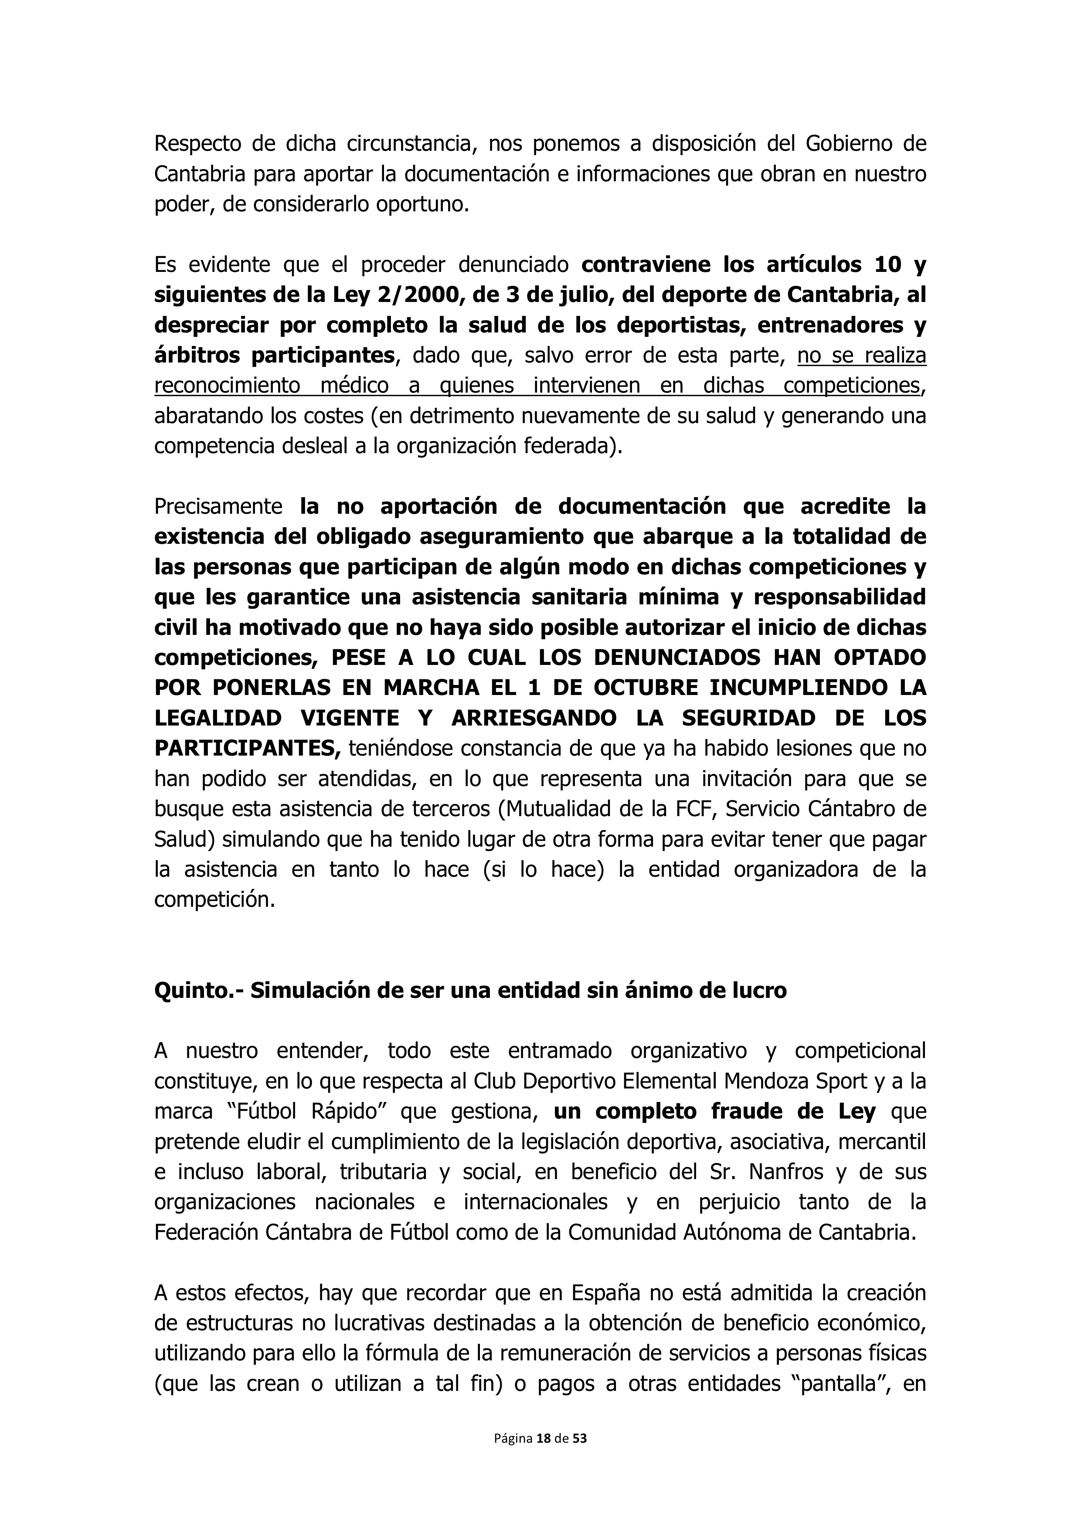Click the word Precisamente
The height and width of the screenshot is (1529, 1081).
218,507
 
